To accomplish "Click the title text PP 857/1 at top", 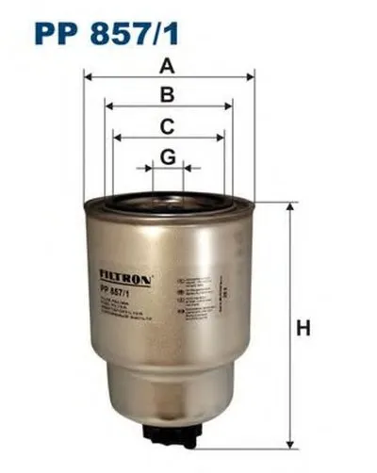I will pos(105,35).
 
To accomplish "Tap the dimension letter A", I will pos(169,66).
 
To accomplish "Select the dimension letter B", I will pos(169,94).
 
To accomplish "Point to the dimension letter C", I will pos(168,125).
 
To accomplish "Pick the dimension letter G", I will pos(168,156).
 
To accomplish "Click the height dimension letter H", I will pos(303,329).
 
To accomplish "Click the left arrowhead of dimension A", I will pos(89,78).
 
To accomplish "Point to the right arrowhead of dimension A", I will pos(252,78).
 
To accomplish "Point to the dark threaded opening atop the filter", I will pos(168,197).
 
